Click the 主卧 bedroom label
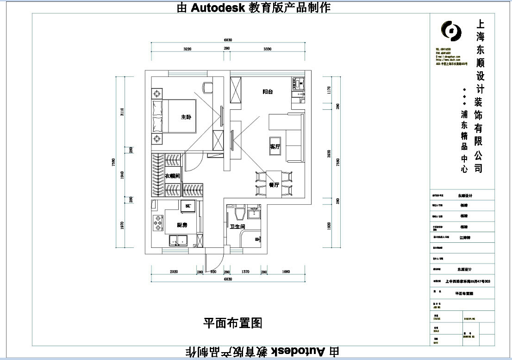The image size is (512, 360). point(186,117)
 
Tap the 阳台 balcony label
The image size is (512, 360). point(268,92)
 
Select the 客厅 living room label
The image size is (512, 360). point(275,147)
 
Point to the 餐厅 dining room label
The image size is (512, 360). point(274,185)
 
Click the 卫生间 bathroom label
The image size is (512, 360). point(237,227)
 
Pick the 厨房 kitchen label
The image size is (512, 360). point(182,225)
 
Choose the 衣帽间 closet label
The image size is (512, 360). point(172,176)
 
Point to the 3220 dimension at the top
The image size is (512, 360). point(187,49)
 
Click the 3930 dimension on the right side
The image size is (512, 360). point(328,154)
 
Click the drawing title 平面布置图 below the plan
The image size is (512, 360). point(233,323)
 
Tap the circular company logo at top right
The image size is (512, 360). point(450,31)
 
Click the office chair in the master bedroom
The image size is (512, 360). point(207,87)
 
